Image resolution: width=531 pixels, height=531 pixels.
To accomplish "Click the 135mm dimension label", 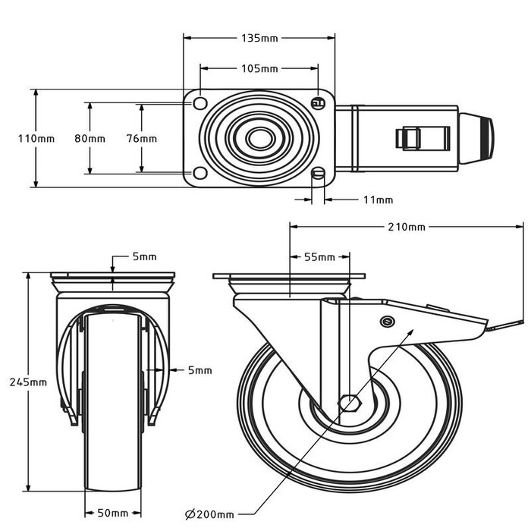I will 259,37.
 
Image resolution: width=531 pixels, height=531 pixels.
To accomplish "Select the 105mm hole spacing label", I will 259,69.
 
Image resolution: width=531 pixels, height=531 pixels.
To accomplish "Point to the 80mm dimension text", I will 90,138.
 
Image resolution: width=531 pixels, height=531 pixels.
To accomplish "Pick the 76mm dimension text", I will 141,138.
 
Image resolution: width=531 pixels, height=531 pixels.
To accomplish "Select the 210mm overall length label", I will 407,227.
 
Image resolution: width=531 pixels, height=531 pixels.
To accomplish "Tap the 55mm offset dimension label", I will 319,257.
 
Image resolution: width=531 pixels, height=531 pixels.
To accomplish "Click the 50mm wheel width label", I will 112,514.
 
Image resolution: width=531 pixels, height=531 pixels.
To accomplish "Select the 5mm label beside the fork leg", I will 200,370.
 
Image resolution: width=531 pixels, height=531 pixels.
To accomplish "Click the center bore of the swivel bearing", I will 260,138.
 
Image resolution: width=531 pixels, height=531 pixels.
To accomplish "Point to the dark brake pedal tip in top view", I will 484,139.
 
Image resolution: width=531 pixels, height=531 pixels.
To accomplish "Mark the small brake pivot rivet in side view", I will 388,322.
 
